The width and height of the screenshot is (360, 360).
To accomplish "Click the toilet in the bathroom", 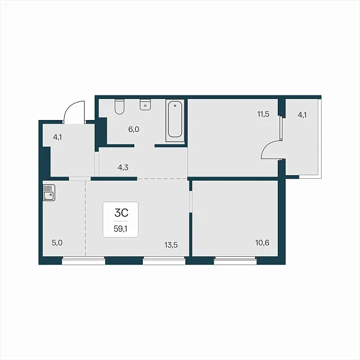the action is pyautogui.click(x=119, y=107).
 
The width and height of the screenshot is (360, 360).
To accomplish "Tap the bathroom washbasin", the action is pyautogui.click(x=145, y=104).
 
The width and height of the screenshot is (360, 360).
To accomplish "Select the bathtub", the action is pyautogui.click(x=175, y=121).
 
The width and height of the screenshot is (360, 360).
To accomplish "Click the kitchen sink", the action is pyautogui.click(x=49, y=193).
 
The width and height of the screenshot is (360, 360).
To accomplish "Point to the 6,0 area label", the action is pyautogui.click(x=134, y=130).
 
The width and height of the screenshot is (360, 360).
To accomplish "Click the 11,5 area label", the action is pyautogui.click(x=263, y=114).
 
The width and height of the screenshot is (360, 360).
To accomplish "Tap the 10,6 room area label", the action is pyautogui.click(x=262, y=242).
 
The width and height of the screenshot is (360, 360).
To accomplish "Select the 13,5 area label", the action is pyautogui.click(x=171, y=245).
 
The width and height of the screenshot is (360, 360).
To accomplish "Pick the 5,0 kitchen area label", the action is pyautogui.click(x=57, y=242).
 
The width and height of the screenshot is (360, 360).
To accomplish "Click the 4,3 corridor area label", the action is pyautogui.click(x=123, y=167).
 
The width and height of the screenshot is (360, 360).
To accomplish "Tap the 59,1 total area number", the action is pyautogui.click(x=121, y=229).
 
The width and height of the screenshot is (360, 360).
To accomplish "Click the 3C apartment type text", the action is pyautogui.click(x=121, y=213).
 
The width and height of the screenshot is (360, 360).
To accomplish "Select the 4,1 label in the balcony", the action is pyautogui.click(x=302, y=115).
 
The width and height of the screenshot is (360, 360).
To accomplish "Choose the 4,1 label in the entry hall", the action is pyautogui.click(x=58, y=137).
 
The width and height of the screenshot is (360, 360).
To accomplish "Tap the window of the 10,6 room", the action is pyautogui.click(x=235, y=261).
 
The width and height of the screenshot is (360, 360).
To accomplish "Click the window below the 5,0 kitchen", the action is pyautogui.click(x=83, y=261).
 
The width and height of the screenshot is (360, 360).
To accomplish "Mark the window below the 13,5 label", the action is pyautogui.click(x=164, y=261).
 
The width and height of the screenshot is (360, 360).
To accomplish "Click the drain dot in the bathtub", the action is pyautogui.click(x=175, y=106).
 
